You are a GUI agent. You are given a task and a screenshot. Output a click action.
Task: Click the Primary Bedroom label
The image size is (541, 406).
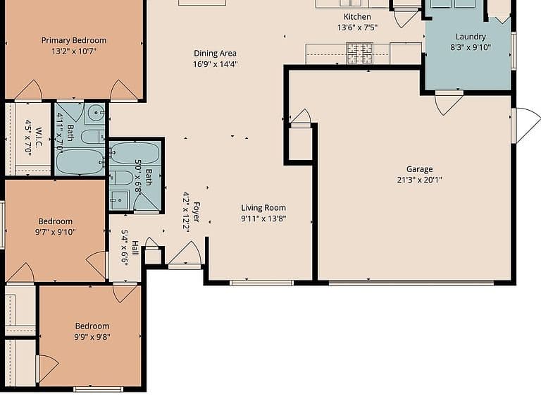[x=74, y=40]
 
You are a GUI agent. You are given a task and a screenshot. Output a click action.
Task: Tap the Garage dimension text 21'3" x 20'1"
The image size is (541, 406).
[x=419, y=180]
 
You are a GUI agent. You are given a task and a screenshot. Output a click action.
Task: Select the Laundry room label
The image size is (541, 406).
[x=471, y=37]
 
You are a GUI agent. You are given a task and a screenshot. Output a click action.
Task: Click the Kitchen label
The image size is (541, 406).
[x=357, y=17]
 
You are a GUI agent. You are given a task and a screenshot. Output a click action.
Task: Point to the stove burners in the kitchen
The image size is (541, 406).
[x=359, y=53]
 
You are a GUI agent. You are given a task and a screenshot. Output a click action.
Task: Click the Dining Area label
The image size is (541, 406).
[x=215, y=54]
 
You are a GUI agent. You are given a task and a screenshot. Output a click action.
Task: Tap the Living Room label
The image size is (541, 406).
[x=263, y=208]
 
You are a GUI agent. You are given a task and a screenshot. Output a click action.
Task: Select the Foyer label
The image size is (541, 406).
[x=197, y=211]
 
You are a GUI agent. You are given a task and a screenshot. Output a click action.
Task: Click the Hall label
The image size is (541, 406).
[x=135, y=248]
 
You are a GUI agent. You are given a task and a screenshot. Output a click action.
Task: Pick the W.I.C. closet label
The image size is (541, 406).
[x=38, y=137]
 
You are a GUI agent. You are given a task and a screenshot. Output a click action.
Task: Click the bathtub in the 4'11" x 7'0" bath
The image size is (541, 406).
[x=80, y=161]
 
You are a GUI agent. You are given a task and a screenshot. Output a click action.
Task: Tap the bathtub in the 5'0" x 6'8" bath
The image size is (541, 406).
[x=135, y=153]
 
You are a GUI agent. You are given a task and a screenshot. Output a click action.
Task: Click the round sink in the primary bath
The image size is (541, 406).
[x=96, y=112]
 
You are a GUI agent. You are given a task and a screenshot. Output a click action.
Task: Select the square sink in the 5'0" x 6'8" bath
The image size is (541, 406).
[x=119, y=200]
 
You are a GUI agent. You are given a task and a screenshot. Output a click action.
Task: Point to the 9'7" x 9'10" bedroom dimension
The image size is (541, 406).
[x=55, y=232]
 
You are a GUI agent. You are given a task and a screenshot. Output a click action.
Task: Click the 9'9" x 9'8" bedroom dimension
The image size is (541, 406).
[x=92, y=337]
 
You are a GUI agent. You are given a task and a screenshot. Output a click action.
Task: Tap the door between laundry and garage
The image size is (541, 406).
[x=449, y=101]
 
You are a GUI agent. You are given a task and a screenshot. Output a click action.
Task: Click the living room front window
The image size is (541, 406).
[x=261, y=283]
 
